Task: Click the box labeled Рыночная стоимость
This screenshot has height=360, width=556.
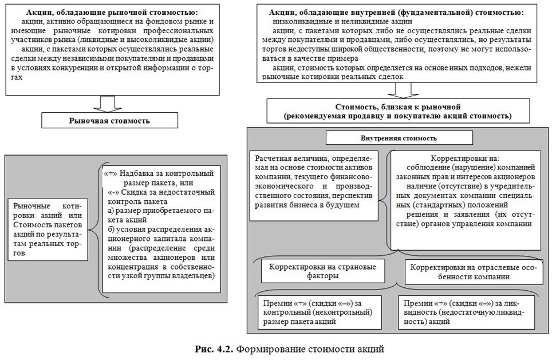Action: pyautogui.click(x=109, y=121)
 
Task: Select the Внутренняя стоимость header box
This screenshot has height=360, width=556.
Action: pyautogui.click(x=399, y=138)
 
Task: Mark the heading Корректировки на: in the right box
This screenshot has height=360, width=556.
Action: pyautogui.click(x=464, y=158)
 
